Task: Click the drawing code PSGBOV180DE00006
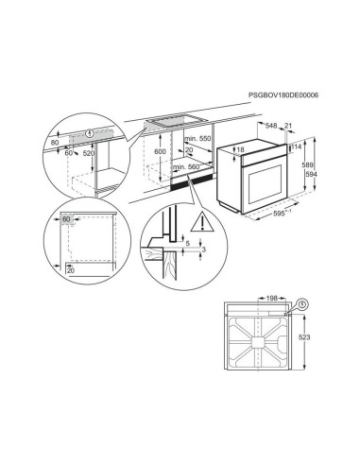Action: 283,95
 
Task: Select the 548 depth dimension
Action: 271,126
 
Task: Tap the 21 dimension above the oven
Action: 288,126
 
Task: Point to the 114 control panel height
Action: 297,146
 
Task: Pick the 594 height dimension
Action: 311,174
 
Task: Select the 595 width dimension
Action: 282,214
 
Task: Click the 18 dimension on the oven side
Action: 240,150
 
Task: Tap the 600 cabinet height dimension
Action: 160,151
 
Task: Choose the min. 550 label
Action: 197,139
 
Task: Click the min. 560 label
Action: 186,167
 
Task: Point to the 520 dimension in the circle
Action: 88,153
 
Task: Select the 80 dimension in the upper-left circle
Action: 55,143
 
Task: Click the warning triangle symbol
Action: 202,222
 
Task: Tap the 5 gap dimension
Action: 188,243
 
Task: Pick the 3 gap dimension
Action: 203,250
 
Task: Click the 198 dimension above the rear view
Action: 271,298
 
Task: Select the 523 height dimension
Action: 304,337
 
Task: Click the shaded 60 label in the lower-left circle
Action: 66,219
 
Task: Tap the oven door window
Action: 265,184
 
